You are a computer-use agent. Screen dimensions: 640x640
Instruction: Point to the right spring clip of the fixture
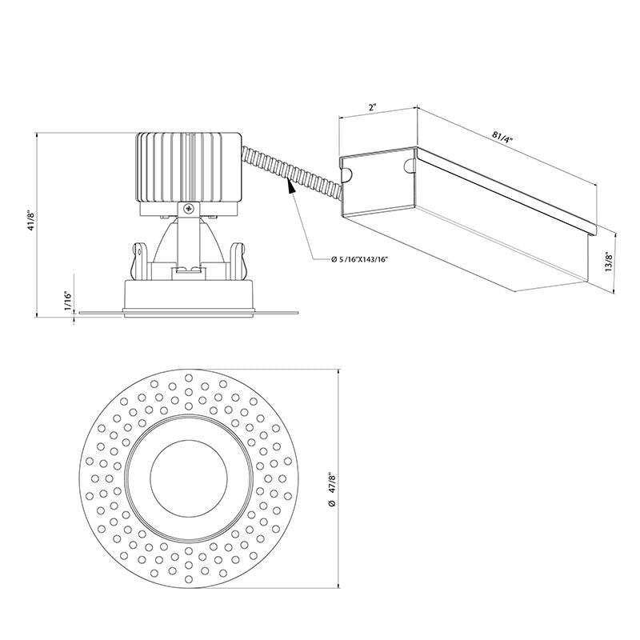point(236,257)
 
